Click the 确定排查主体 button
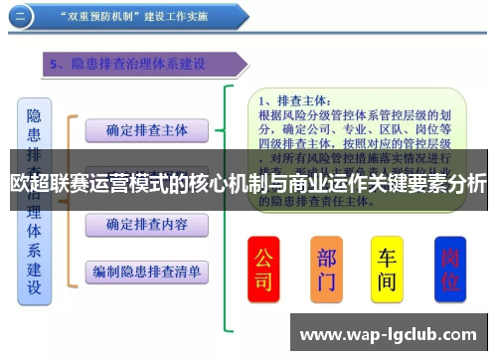146,130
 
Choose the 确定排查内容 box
146,225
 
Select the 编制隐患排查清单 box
146,270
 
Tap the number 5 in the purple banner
57,64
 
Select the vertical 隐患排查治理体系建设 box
34,199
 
